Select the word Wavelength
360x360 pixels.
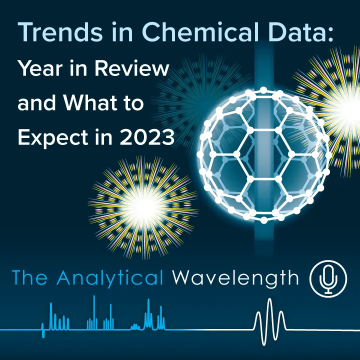coord(235,278)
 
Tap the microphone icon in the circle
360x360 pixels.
coord(328,278)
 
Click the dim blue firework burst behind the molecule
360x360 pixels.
coord(200,95)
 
